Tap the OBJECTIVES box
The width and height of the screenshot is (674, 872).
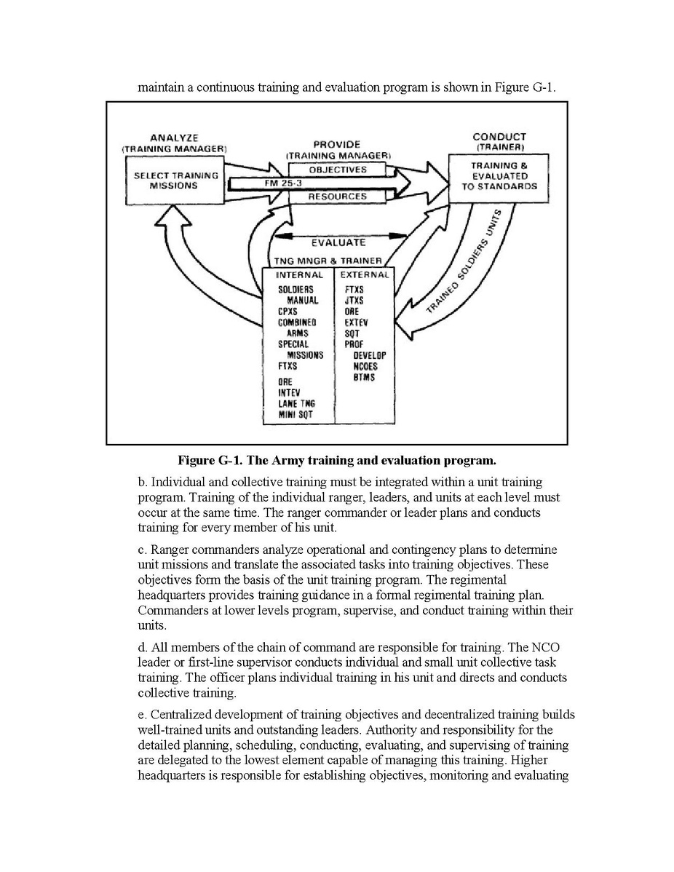point(337,170)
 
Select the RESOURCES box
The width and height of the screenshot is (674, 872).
point(337,197)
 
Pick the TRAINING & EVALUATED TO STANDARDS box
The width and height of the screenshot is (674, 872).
point(499,176)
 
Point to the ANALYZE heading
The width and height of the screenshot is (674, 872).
point(174,138)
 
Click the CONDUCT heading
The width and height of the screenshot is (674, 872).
point(499,136)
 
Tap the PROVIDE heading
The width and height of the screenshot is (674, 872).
point(336,145)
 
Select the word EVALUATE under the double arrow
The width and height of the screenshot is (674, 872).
point(338,242)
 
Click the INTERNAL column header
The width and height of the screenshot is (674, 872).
point(299,275)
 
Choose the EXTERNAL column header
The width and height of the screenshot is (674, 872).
point(364,275)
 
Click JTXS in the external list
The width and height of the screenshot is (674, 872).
point(354,300)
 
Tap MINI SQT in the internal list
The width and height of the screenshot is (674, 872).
point(296,414)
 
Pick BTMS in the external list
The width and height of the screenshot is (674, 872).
point(364,378)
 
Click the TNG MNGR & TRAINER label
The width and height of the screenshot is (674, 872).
point(327,260)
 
